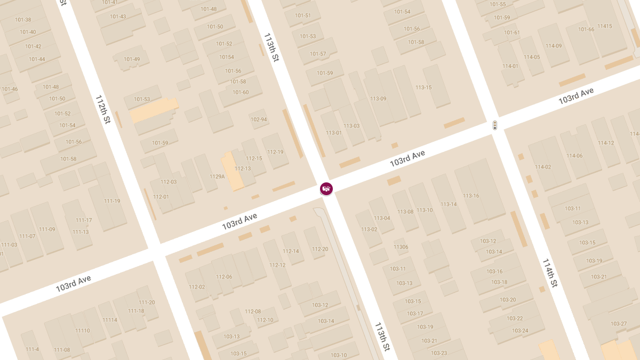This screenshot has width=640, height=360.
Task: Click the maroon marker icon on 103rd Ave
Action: [x=326, y=189]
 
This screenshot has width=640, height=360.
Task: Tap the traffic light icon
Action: [x=495, y=125]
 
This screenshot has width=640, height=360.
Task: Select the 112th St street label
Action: [x=102, y=110]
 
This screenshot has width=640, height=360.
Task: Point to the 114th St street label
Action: [x=550, y=273]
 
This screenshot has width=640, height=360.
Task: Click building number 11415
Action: [x=605, y=26]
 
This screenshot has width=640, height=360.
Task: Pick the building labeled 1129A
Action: [x=217, y=176]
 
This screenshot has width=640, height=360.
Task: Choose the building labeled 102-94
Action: [x=259, y=119]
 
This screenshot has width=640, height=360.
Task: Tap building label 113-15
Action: [x=423, y=87]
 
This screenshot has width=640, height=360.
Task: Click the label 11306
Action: [x=401, y=247]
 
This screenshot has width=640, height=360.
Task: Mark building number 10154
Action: [x=227, y=57]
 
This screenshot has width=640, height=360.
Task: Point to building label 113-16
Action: [x=471, y=196]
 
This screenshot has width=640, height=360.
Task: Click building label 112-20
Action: [x=320, y=249]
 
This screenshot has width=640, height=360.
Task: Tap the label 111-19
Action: [x=112, y=201]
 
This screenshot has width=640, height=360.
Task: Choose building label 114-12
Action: [x=606, y=143]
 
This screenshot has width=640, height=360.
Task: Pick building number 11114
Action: [x=109, y=320]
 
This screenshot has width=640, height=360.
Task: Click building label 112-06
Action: [x=224, y=277]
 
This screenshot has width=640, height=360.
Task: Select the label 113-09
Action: [x=378, y=99]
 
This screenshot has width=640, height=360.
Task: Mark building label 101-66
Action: [x=586, y=29]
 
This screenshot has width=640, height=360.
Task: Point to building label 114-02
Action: [x=543, y=167]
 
